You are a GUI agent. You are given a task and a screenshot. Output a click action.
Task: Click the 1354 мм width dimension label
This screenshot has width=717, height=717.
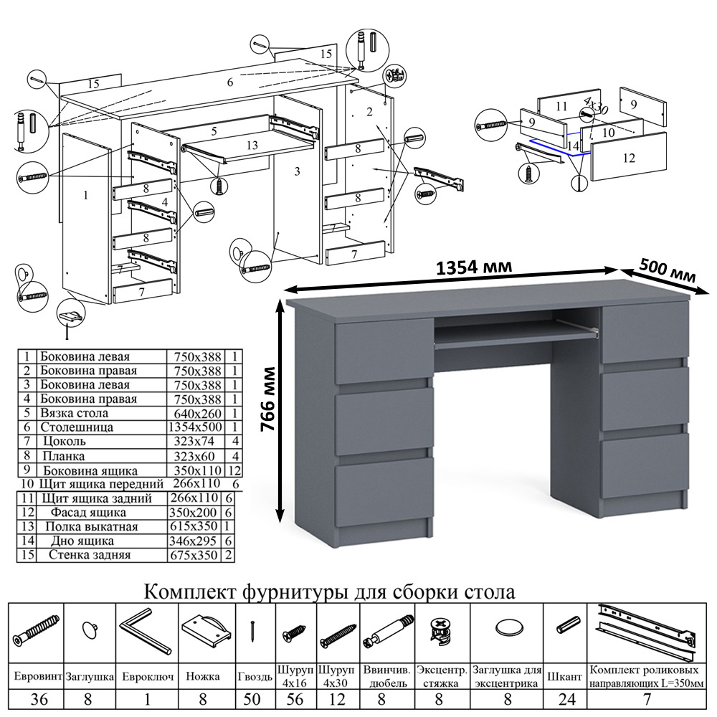[x=475, y=267]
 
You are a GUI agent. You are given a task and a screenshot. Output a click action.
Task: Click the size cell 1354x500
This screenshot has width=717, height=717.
[x=196, y=427]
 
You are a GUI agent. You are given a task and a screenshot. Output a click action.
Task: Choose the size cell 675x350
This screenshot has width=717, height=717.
[x=196, y=555]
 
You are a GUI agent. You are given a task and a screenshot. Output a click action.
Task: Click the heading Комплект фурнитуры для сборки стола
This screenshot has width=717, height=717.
[x=330, y=593]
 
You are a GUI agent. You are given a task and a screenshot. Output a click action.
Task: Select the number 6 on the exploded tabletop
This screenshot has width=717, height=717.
[x=230, y=82]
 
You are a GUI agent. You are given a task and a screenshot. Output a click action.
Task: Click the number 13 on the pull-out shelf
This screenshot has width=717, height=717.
[x=251, y=145]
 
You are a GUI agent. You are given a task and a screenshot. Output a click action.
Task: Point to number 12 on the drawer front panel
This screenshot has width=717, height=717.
[x=629, y=158]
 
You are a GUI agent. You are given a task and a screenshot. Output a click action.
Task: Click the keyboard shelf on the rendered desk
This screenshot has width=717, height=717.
[x=516, y=336]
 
